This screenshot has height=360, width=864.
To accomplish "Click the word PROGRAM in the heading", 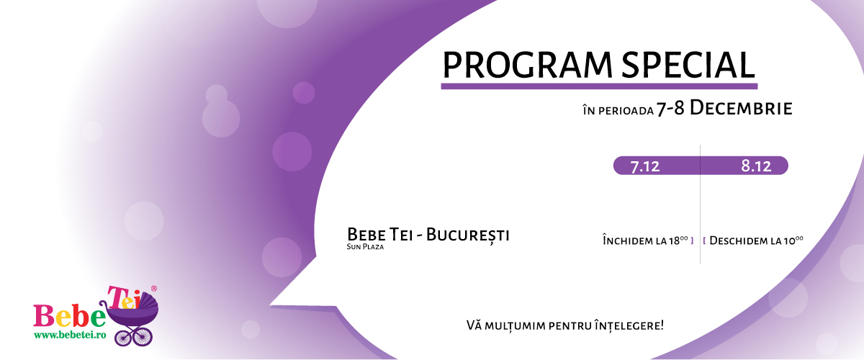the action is coord(527,65).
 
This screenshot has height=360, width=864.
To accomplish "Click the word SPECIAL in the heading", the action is coord(688,65).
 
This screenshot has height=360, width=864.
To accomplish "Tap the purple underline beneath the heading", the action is coord(599,86).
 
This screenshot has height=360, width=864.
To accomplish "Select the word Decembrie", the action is coord(741,109).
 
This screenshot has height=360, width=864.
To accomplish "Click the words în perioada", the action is coord(618,111).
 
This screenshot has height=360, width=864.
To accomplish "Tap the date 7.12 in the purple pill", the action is coord(645,166).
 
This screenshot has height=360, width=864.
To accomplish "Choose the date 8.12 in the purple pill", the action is coord(756,166).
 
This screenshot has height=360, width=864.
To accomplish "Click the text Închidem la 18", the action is coord(645,240).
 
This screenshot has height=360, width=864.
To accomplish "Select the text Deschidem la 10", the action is coord(756,240).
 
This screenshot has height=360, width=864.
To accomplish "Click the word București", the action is coord(467,235).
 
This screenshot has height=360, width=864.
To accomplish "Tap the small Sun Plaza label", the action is coord(365,246).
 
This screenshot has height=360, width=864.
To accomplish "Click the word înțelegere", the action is coord(629,325).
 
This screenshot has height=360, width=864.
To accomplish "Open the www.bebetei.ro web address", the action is coord(70,335).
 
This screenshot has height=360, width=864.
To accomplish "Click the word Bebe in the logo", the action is coord(69,316).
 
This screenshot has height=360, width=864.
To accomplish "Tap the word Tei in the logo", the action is coord(123,297).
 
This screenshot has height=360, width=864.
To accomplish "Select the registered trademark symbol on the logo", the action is coord(153,288).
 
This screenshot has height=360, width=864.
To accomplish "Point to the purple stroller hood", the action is coord(148,302).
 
